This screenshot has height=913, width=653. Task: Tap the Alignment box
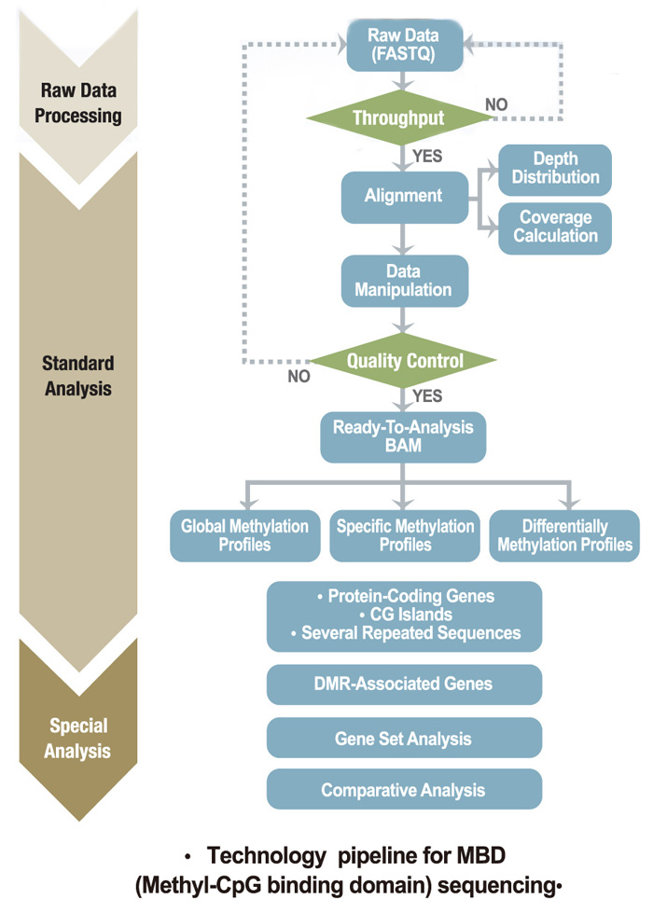point(403,197)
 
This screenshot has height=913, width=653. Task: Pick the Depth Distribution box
point(554,169)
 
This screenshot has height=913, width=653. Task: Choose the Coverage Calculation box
point(554,228)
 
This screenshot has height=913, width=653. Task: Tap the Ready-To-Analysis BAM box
point(403,437)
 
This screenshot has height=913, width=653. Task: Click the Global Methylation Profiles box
point(244,535)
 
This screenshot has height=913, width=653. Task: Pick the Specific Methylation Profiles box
point(404,535)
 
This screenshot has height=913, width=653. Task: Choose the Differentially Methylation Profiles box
point(564,535)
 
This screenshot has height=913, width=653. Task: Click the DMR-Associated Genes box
point(404,685)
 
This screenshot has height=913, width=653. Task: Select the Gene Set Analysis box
point(404,739)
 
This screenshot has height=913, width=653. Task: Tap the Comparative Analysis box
point(404,790)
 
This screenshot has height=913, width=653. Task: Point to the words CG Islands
point(404,616)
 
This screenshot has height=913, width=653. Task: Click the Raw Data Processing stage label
point(81,104)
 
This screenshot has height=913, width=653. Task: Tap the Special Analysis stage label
point(79,738)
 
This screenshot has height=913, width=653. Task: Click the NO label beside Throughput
point(496,104)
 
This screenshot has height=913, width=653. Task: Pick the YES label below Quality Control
point(426,397)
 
